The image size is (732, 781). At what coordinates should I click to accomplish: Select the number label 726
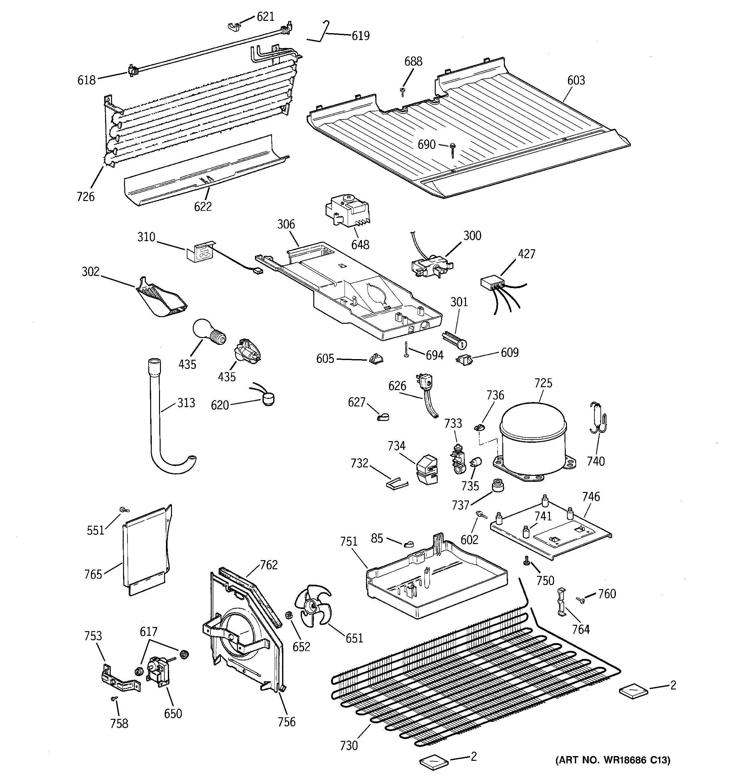coord(86,196)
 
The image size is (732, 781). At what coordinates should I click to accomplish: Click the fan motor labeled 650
coord(158,673)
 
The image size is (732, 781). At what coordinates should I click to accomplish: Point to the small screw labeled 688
coord(402,92)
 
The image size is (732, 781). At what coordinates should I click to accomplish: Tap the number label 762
coord(269,565)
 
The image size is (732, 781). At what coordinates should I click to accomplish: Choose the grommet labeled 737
coord(498,486)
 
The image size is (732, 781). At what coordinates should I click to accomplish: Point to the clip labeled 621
coord(234,27)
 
